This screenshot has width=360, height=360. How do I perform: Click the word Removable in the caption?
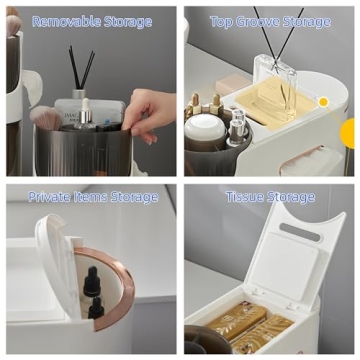click(62, 20)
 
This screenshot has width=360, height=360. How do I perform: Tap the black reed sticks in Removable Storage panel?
click(80, 70)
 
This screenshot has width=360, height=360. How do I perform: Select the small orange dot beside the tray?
click(323, 101)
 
